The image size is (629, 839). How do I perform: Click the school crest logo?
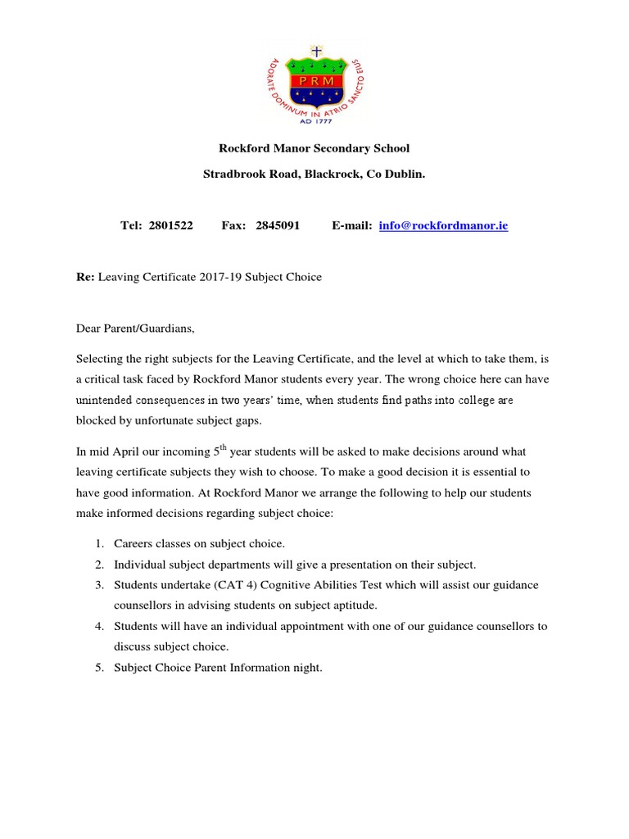click(314, 82)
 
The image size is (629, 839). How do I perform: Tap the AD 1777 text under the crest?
click(314, 119)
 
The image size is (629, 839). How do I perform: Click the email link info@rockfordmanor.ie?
click(443, 225)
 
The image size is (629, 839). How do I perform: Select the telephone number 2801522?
click(171, 225)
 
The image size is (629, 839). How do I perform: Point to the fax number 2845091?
click(278, 225)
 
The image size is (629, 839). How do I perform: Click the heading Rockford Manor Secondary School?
click(314, 148)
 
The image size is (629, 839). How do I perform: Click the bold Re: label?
click(85, 277)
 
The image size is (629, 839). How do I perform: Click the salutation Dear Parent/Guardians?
click(136, 329)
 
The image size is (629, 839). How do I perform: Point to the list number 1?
click(98, 543)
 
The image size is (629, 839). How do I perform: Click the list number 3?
click(98, 585)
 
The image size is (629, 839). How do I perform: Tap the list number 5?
click(98, 668)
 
